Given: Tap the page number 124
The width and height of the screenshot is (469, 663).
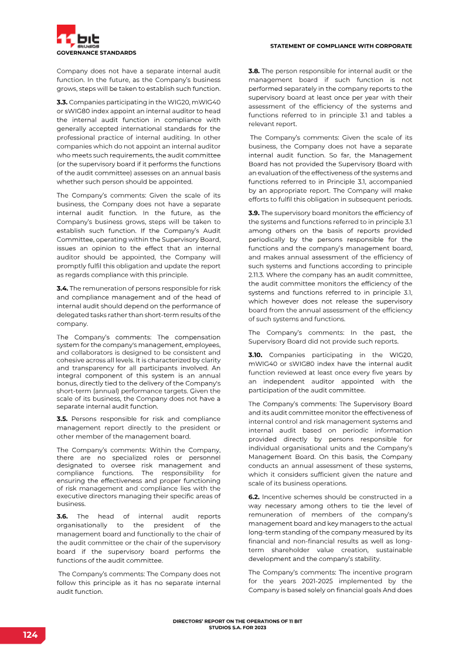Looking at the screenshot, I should (30, 635).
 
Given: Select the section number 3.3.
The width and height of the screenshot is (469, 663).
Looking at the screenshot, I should (62, 102).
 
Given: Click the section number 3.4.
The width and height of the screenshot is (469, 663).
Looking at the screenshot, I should (62, 288).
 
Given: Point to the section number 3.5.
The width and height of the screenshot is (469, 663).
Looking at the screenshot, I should (62, 419).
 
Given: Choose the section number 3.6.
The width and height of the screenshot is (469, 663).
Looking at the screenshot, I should (62, 516).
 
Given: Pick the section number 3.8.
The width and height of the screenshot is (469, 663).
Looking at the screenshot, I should (254, 72).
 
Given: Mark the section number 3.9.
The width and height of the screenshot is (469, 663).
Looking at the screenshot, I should (254, 213).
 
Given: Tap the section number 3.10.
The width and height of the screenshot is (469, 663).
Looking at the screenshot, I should (256, 355).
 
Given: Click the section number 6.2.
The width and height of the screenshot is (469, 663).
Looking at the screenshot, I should (254, 497).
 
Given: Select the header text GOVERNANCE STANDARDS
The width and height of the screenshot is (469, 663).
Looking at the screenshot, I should (96, 53).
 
